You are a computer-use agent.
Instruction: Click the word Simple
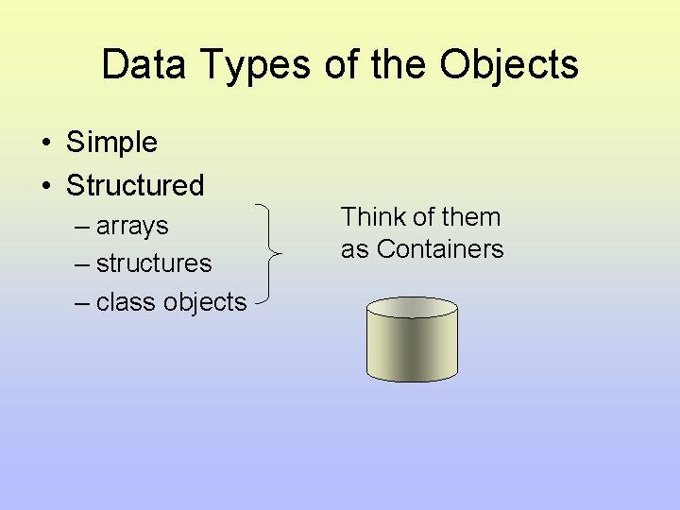coord(111,143)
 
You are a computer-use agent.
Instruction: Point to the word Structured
coord(135,185)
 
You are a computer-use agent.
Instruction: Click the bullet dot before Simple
coord(45,144)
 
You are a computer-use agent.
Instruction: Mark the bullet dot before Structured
coord(45,186)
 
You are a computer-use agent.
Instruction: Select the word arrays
coord(132,227)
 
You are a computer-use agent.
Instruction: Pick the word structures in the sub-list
coord(154,263)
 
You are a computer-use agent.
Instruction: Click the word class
coord(126,302)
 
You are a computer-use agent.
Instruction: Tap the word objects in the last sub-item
coord(205,303)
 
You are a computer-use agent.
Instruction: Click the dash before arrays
coord(81,227)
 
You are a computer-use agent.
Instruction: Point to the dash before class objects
coord(81,302)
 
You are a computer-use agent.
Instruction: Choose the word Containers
coord(440,248)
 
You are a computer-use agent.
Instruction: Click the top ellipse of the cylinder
coord(412,307)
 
